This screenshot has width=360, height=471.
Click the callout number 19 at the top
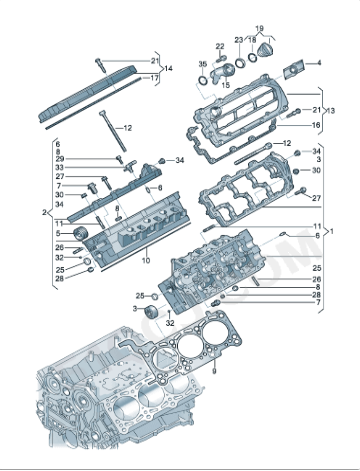259,29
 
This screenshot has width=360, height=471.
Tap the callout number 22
220,46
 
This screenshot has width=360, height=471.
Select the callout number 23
239,40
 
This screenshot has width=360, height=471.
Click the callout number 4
318,63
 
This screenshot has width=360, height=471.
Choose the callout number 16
317,125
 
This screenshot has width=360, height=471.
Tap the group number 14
168,68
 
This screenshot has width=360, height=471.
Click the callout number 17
154,77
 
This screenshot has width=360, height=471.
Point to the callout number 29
60,159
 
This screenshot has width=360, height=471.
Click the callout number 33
60,168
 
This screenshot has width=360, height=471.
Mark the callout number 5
60,232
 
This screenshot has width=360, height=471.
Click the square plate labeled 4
294,69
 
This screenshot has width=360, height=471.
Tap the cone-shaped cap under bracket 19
266,50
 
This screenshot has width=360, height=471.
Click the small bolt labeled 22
220,58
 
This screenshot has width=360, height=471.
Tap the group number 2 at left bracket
43,213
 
